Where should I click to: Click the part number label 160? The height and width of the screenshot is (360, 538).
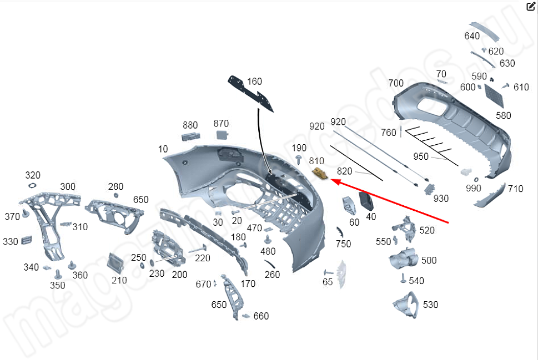click(254, 82)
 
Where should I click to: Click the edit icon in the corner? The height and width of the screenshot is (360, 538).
click(531, 7)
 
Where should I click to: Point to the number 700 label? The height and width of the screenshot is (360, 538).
click(396, 83)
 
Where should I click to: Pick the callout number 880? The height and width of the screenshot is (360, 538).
click(190, 125)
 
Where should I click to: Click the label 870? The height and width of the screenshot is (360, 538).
click(221, 123)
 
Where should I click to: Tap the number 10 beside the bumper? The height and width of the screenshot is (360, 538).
click(163, 149)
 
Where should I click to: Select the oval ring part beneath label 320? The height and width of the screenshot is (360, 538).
click(32, 185)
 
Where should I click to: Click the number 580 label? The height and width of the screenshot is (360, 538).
click(504, 116)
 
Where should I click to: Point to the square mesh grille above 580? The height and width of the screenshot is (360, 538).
click(494, 95)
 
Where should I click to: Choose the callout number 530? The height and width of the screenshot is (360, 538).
click(430, 305)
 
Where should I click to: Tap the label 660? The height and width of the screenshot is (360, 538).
click(261, 316)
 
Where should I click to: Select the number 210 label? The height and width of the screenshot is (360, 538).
click(119, 280)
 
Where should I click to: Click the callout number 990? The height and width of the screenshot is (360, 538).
click(474, 189)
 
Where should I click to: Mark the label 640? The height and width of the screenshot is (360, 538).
click(472, 37)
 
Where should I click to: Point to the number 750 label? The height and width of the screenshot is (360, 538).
click(343, 244)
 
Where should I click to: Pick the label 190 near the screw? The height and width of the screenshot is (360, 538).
click(299, 148)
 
